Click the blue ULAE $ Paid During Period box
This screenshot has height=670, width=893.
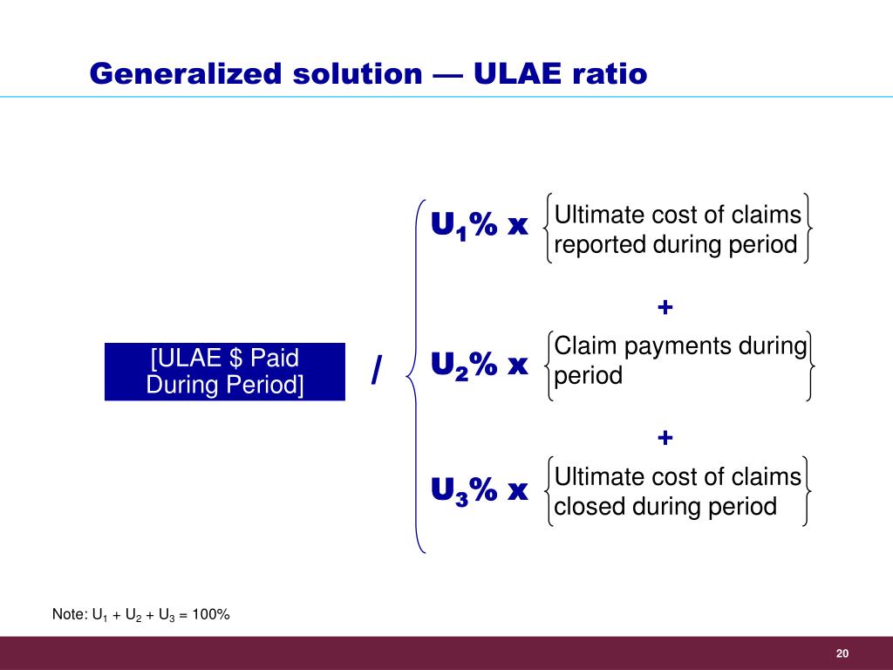[225, 372]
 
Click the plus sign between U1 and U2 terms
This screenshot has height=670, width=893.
[665, 307]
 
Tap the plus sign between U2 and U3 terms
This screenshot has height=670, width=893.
[665, 438]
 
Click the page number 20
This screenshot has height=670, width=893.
[842, 653]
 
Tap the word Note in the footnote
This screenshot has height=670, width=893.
[68, 615]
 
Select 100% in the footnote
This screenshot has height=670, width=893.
[211, 615]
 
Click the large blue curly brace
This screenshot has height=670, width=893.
[417, 375]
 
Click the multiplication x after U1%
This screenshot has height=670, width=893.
[518, 227]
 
